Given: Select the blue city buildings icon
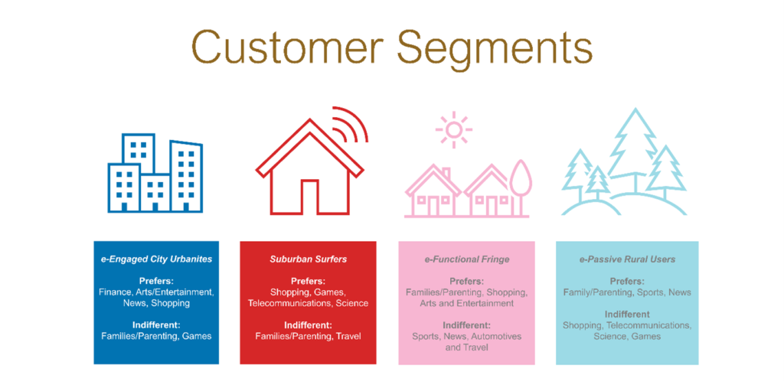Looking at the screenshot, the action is tap(155, 173).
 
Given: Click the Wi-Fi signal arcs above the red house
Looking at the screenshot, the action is tap(350, 125).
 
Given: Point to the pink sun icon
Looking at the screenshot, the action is tap(453, 130).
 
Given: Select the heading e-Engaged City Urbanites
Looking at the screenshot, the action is tap(156, 259).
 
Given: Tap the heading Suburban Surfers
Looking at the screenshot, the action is tap(308, 259).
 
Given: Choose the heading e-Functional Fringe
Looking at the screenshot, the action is tap(466, 259).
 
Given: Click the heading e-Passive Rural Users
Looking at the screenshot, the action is tap(627, 259).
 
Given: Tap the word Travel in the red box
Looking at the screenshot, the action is tap(348, 336).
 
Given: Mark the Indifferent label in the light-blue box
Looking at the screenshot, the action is tap(627, 314).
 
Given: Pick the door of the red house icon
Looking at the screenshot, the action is tap(309, 197).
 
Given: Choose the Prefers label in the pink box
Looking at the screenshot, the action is tap(466, 281).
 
